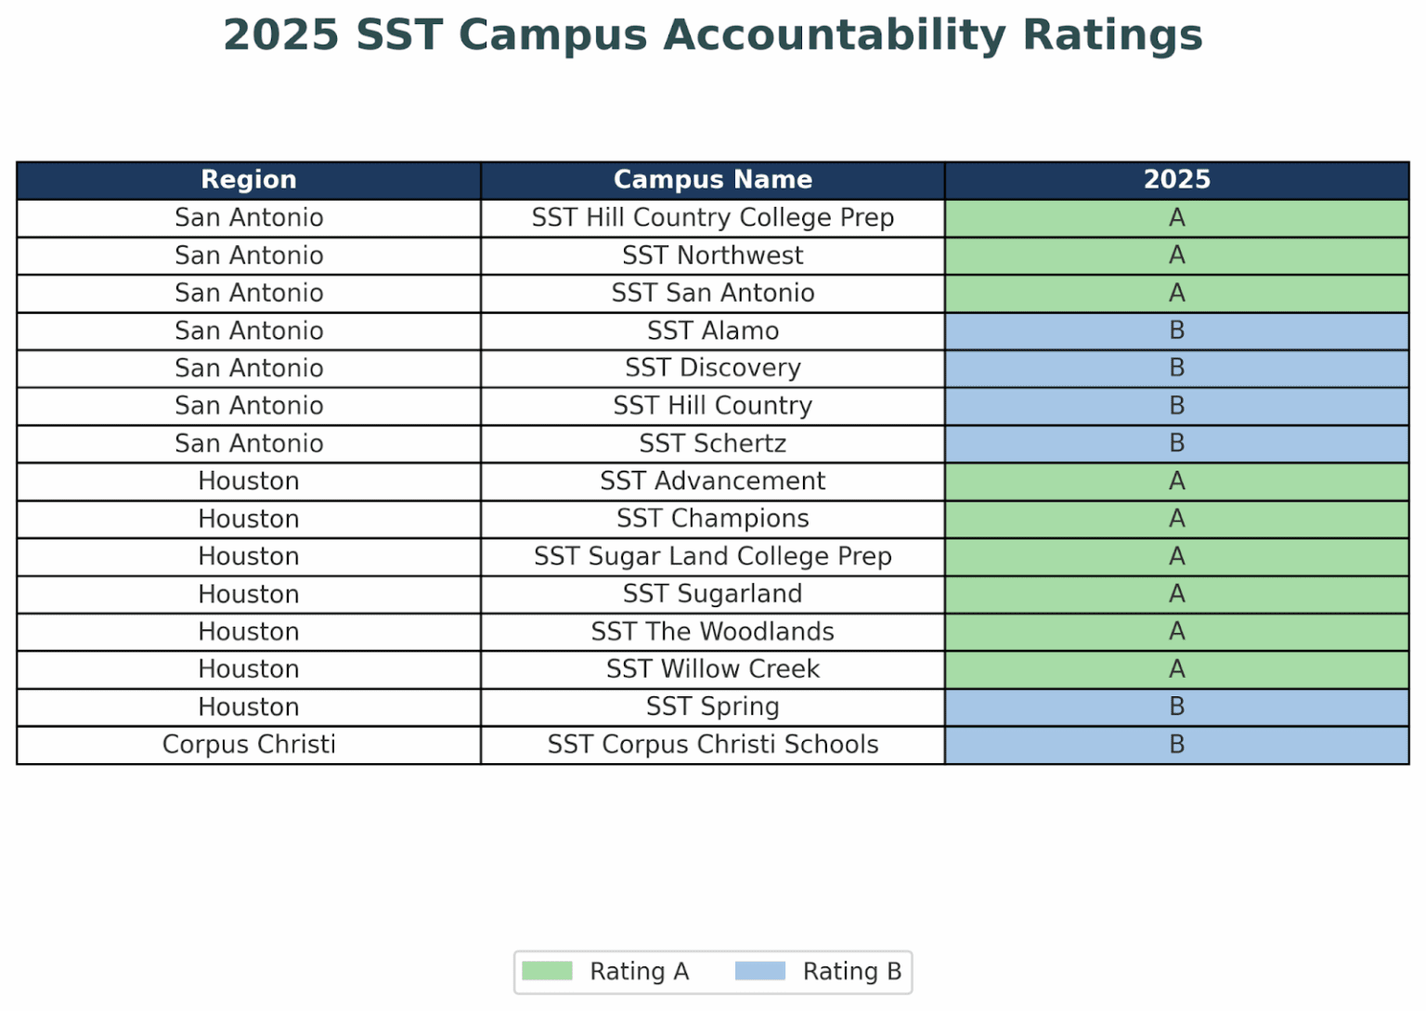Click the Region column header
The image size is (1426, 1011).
click(249, 180)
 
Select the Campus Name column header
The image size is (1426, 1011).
click(712, 180)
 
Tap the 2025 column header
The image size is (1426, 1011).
click(1176, 180)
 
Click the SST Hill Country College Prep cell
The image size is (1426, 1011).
click(712, 218)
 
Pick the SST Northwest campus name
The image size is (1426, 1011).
click(712, 255)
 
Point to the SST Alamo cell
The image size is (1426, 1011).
click(712, 331)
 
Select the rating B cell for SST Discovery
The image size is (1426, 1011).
click(1176, 369)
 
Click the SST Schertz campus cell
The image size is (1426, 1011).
click(712, 444)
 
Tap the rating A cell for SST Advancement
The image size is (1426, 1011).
click(1176, 481)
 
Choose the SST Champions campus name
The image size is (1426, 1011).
click(712, 519)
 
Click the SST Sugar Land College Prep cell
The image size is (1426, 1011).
click(712, 556)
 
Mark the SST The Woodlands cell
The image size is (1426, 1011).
click(712, 631)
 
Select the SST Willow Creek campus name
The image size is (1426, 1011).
click(712, 669)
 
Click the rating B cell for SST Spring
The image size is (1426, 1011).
click(1176, 706)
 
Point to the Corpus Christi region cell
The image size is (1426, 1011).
click(249, 745)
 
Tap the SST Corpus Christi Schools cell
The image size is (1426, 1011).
click(712, 745)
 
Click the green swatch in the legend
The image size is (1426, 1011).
click(547, 971)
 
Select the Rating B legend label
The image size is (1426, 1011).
click(851, 971)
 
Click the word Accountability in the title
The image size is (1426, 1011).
click(834, 35)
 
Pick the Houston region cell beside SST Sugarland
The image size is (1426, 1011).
click(249, 594)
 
